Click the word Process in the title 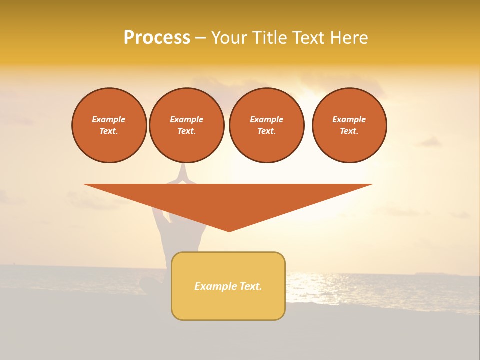pyautogui.click(x=157, y=38)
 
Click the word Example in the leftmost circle pyautogui.click(x=109, y=119)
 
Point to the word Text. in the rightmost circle pyautogui.click(x=349, y=131)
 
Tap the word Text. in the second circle pyautogui.click(x=187, y=131)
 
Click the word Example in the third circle pyautogui.click(x=267, y=119)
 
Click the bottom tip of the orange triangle pyautogui.click(x=229, y=230)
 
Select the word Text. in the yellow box pyautogui.click(x=251, y=286)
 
